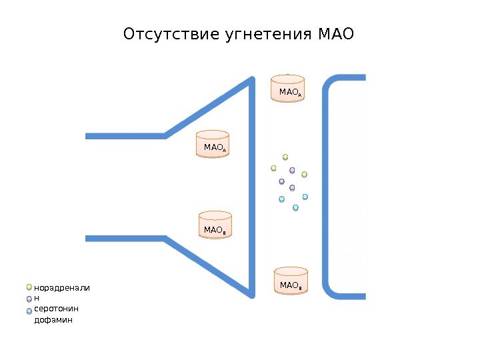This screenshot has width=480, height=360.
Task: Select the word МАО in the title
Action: click(x=337, y=34)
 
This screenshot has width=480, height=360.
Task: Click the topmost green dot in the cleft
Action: click(x=285, y=157)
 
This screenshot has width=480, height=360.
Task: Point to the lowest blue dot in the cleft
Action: click(x=295, y=208)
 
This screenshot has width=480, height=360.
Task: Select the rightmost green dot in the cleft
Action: click(x=304, y=175)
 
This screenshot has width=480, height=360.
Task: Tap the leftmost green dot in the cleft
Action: click(x=273, y=168)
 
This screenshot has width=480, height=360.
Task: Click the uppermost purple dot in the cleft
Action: click(x=292, y=170)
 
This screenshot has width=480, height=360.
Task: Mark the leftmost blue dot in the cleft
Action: click(x=281, y=199)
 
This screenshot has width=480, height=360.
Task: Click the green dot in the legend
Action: click(x=29, y=288)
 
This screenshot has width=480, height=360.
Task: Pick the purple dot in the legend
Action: click(x=29, y=299)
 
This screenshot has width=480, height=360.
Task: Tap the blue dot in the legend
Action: click(x=29, y=311)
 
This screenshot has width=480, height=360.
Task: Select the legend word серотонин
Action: click(x=56, y=309)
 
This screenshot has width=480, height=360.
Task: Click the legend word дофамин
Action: click(x=53, y=320)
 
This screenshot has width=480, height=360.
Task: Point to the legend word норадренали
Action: click(x=61, y=288)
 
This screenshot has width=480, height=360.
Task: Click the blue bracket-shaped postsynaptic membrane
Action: click(x=327, y=187)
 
